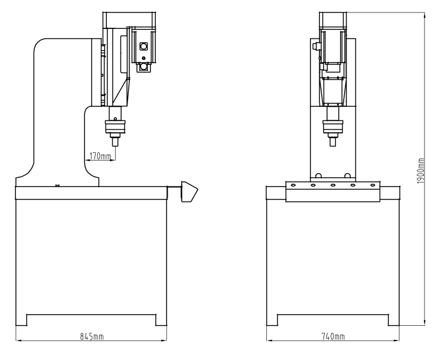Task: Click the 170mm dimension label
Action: (x=100, y=156)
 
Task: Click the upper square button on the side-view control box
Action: (x=142, y=46)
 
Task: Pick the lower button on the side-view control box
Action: (x=142, y=67)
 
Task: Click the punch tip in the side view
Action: (x=115, y=142)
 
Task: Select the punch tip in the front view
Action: (x=334, y=142)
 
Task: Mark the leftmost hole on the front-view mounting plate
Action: (x=291, y=185)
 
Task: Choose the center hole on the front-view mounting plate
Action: (x=333, y=185)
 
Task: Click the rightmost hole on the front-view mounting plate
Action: (x=374, y=185)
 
